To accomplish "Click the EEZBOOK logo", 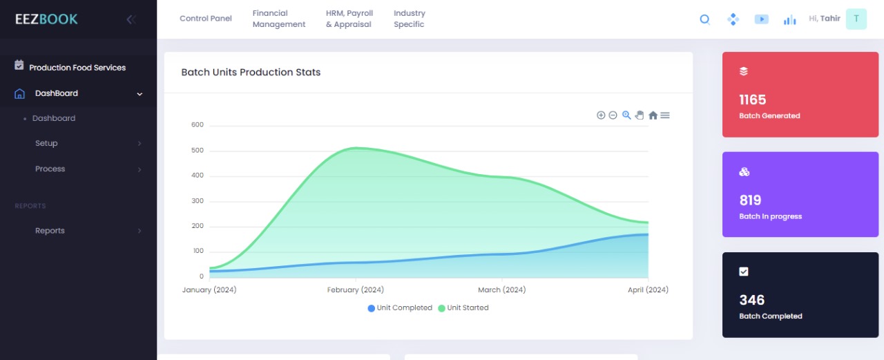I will coord(46,19).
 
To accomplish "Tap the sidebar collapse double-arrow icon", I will coord(131,19).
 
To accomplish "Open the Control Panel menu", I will coord(206,19).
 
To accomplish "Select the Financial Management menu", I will coord(279,19).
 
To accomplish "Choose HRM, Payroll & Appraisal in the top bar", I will coord(349,19).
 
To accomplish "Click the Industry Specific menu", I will coord(410,19).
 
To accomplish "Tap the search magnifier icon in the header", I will coord(705,19).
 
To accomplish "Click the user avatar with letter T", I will coord(856,19).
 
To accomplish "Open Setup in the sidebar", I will coord(46,144).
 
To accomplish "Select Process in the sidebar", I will coord(50,169).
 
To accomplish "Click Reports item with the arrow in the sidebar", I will coord(50,231).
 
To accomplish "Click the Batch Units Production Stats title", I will coord(251,73).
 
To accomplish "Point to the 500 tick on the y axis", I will coord(198,151).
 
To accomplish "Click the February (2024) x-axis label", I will coord(356,290).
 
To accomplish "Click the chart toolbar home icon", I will coord(653,115).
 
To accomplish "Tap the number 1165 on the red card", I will coord(753,100).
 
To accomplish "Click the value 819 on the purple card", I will coord(750,200).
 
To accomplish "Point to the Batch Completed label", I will coord(771,316).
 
